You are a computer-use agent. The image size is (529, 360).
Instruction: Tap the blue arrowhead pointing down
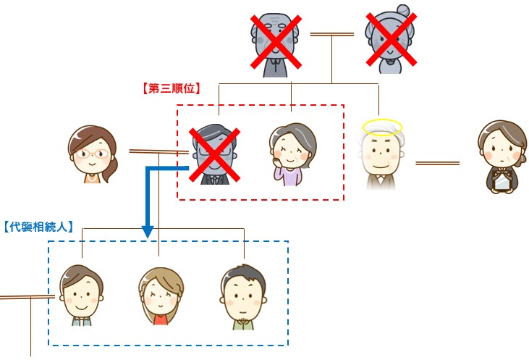147,231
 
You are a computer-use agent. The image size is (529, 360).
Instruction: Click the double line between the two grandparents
331,34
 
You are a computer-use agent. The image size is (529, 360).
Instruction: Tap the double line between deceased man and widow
437,163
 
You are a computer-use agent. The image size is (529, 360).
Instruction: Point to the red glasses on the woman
93,153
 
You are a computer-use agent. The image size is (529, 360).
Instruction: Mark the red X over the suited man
214,154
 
